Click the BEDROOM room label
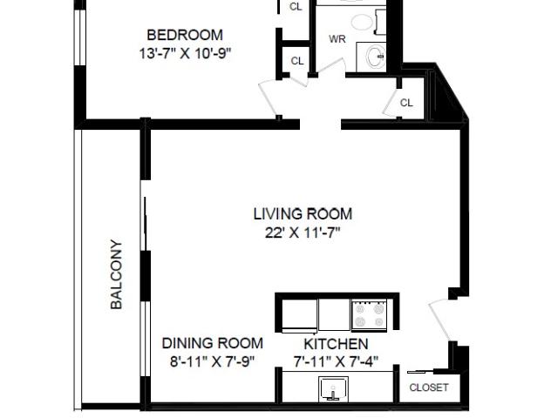(185, 35)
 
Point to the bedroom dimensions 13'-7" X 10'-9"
(185, 54)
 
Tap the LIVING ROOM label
(303, 214)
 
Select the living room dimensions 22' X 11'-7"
(303, 233)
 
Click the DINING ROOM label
(213, 343)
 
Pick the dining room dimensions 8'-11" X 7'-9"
(213, 362)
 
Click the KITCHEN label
(336, 344)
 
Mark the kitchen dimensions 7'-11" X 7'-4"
(336, 362)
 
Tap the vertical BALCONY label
(116, 274)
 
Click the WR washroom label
(337, 38)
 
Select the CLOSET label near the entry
(429, 388)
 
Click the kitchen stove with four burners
(370, 314)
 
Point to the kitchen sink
(333, 389)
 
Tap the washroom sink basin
(376, 57)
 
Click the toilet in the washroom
(368, 22)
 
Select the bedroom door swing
(269, 98)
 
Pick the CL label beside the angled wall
(406, 103)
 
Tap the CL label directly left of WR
(297, 61)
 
